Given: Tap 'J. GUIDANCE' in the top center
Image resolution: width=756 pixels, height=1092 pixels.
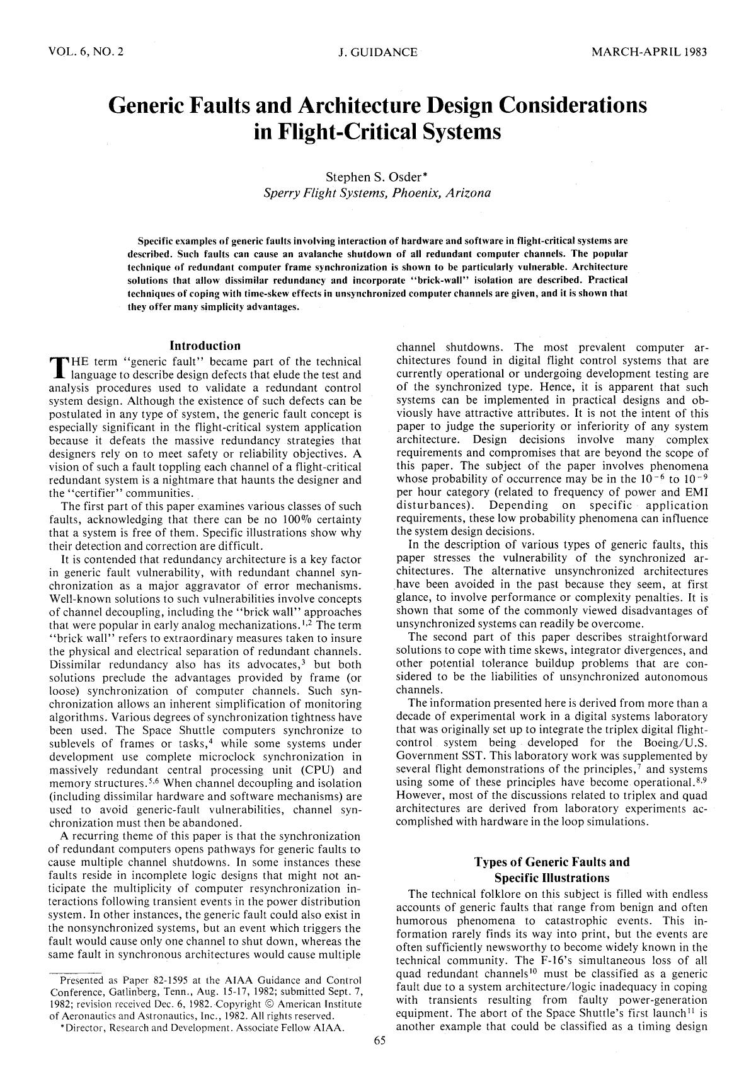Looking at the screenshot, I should (377, 52).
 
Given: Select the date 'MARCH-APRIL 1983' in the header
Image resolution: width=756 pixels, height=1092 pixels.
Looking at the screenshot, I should (649, 52).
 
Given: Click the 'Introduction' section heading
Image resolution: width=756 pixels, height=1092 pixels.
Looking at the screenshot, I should (205, 346).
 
